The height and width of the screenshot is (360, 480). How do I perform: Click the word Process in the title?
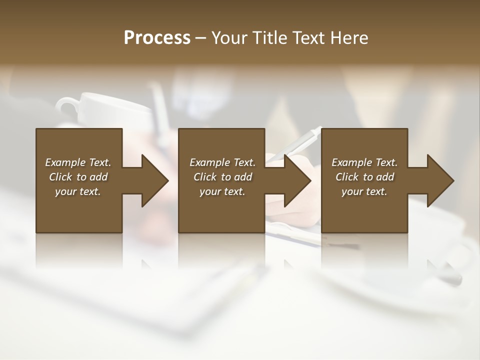click(x=157, y=38)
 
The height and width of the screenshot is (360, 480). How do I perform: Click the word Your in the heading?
click(x=228, y=38)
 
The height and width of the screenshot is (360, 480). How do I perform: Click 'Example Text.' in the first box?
click(x=78, y=162)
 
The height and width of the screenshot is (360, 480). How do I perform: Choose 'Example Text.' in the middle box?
click(x=222, y=162)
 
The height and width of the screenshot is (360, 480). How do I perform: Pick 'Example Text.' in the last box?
click(x=364, y=162)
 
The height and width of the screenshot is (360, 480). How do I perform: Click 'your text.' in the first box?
click(x=78, y=191)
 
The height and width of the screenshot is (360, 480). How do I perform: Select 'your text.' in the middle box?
click(x=222, y=191)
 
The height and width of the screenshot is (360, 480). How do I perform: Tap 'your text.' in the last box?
click(x=364, y=191)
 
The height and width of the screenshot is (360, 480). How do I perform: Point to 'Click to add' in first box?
click(x=78, y=177)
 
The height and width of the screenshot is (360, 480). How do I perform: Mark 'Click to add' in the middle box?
click(x=222, y=177)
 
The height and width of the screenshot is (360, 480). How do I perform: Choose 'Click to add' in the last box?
click(x=364, y=177)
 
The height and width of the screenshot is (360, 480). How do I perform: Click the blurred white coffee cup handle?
click(x=65, y=105)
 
